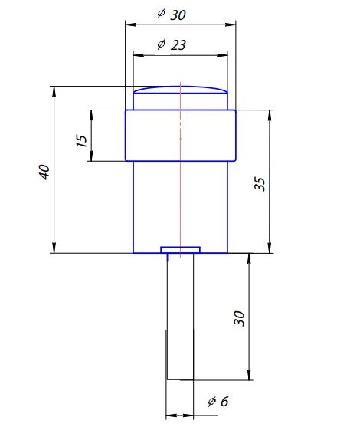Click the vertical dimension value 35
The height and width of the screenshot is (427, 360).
[x=260, y=183]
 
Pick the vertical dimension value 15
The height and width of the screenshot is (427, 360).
[x=80, y=141]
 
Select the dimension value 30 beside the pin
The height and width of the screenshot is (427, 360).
[x=239, y=319]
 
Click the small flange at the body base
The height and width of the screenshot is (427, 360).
[x=180, y=249]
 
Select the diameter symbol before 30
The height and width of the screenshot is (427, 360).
[x=160, y=15]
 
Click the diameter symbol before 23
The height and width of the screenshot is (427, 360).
[x=161, y=44]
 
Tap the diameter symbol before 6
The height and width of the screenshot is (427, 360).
[x=211, y=401]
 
